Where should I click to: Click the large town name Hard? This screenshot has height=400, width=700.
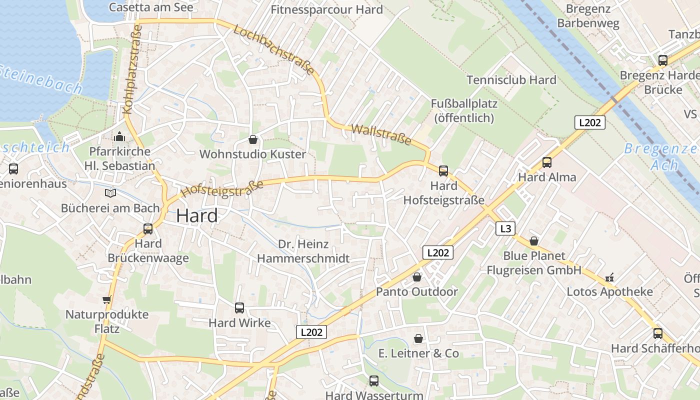coord(197,216)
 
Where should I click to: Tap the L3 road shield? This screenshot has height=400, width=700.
coord(505,228)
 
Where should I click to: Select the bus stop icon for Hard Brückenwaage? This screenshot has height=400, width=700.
coord(148,229)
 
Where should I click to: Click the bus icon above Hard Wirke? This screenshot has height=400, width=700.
coord(239,308)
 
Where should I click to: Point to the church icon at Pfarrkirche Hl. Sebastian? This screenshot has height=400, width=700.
coord(119,136)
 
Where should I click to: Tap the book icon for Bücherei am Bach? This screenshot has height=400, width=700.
coord(110,193)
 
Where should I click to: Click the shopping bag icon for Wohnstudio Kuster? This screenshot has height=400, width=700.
coord(253,139)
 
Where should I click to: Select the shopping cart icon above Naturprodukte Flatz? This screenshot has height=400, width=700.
coord(106,300)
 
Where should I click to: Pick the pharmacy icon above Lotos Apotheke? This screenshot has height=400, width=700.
coord(609,277)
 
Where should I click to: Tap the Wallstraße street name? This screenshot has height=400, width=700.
coord(381,135)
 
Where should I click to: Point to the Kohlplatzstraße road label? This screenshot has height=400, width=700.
coord(131,70)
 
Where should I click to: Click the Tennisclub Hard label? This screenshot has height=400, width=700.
coord(511,80)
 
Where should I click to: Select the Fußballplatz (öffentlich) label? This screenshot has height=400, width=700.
coord(464,111)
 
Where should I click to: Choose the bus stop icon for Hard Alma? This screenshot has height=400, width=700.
coord(547,162)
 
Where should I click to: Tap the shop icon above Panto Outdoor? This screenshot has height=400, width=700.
coord(417,277)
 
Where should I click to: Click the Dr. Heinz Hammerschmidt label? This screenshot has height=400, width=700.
coord(302,251)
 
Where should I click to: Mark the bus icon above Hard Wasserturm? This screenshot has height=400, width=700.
coord(373,381)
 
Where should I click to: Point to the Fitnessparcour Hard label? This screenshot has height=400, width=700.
coord(326,9)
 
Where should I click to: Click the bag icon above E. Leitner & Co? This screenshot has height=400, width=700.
coord(418,339)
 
